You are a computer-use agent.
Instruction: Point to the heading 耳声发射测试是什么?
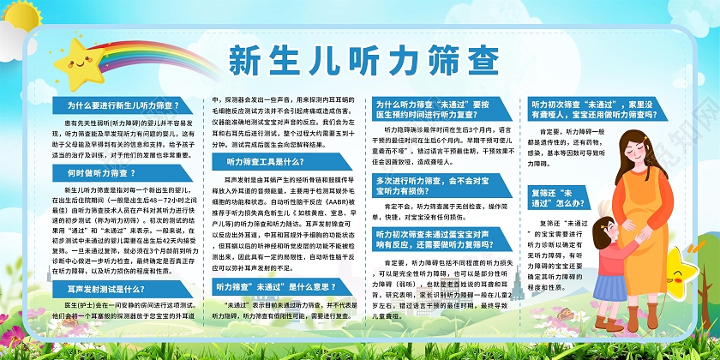click(x=110, y=267)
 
